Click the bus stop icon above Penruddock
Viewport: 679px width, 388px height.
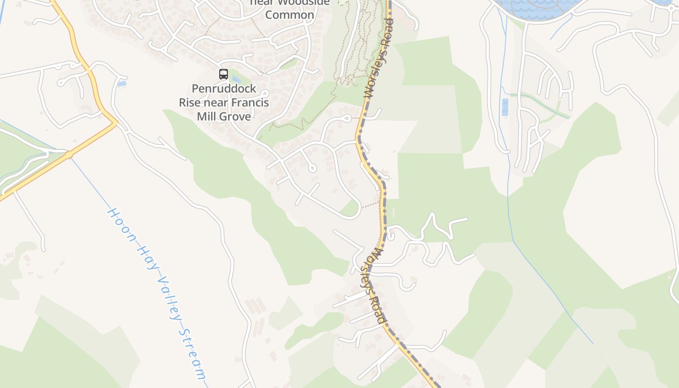click(223, 74)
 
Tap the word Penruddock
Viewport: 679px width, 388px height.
click(224, 89)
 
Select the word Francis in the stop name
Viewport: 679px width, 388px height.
click(250, 103)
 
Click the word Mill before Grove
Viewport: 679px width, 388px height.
click(206, 116)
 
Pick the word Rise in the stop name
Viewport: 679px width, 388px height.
click(189, 103)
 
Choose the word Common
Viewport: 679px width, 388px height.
click(290, 15)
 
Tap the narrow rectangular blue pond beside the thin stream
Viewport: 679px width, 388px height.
click(505, 107)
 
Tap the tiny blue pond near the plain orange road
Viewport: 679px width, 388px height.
click(121, 84)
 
